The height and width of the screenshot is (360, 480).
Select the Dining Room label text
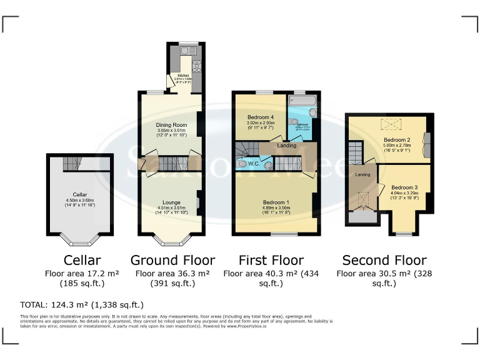[x=171, y=125]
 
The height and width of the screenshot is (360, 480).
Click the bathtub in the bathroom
[x=301, y=101]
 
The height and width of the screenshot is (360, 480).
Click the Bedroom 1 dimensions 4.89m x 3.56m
[x=276, y=208]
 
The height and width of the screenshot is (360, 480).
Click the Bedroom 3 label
[x=404, y=187]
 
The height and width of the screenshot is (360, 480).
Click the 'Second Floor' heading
[x=384, y=260]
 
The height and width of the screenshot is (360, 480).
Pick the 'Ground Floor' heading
[x=172, y=260]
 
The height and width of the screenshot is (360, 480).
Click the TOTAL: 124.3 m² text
[x=82, y=305]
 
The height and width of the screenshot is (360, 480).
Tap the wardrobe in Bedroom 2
[x=427, y=143]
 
